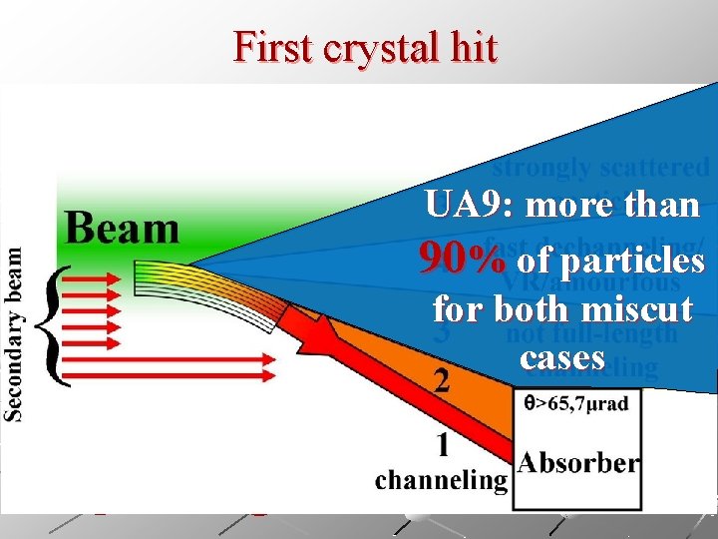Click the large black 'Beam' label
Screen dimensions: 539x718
coord(122,228)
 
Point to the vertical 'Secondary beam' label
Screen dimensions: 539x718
coord(16,334)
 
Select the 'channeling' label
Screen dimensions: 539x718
coord(441,480)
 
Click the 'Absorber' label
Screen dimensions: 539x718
coord(578,462)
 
